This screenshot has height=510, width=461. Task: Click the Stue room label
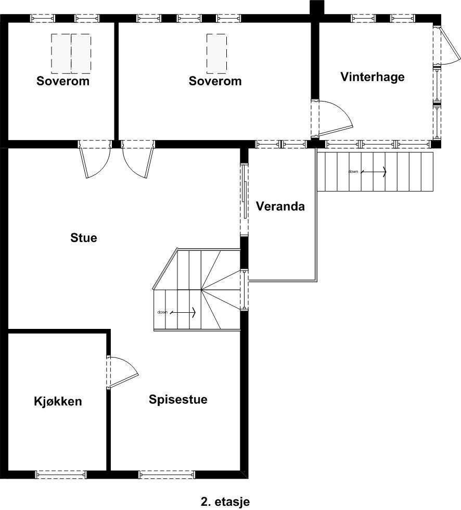click(x=84, y=238)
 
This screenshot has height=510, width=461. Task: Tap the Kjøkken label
click(x=58, y=401)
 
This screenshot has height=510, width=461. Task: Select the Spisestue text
click(x=178, y=399)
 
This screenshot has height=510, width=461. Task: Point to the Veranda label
click(x=280, y=206)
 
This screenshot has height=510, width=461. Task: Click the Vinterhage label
click(x=372, y=77)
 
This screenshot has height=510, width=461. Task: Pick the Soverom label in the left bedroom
click(x=63, y=81)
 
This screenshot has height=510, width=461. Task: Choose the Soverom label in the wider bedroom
click(x=215, y=81)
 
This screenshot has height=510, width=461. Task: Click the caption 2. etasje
click(x=225, y=502)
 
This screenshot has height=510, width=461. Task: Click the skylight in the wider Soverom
click(x=216, y=54)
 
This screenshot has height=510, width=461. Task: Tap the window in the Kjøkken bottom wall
click(x=61, y=474)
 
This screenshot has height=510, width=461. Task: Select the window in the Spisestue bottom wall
click(x=166, y=474)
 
